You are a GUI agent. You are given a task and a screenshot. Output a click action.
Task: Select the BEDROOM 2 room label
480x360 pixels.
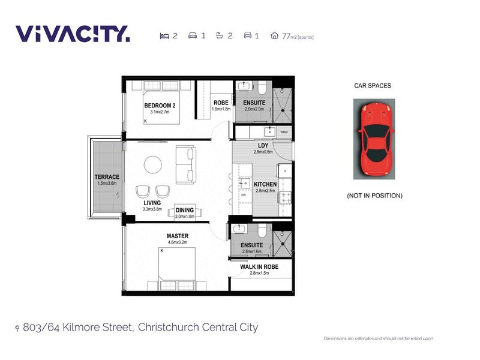160,106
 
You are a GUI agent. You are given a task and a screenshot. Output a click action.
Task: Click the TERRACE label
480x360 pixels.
106,177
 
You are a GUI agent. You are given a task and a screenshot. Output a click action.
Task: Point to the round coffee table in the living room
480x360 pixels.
152,164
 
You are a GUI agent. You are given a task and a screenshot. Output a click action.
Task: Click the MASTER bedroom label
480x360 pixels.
178,236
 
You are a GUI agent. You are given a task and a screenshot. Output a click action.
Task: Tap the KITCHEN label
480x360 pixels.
265,184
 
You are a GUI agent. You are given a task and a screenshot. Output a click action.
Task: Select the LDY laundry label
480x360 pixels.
263,146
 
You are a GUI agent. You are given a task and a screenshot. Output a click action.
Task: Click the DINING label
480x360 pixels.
185,210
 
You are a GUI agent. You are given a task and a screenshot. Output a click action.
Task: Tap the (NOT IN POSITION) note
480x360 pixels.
374,196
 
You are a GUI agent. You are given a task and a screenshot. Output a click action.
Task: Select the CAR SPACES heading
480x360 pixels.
372,86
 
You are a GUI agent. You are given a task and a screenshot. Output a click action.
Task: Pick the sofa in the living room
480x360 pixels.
184,164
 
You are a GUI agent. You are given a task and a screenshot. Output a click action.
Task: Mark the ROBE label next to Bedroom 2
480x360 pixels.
221,103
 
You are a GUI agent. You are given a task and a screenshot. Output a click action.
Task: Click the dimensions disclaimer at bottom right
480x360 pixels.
378,339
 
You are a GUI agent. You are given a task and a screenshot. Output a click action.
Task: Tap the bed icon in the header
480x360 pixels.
164,36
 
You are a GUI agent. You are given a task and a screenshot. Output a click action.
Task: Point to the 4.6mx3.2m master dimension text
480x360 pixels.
178,244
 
